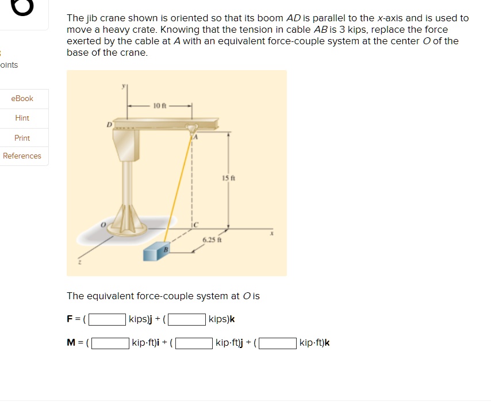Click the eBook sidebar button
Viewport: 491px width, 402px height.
click(22, 99)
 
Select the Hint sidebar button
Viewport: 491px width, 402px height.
click(22, 118)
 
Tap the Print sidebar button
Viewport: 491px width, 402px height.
click(22, 138)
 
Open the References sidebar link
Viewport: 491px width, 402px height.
click(22, 156)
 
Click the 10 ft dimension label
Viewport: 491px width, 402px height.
click(159, 106)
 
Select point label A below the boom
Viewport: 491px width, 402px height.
click(194, 138)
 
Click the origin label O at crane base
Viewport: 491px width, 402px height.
click(104, 226)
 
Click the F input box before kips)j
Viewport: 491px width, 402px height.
click(108, 319)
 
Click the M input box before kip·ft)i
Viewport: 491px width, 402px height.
click(110, 343)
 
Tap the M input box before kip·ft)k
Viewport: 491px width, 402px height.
click(278, 343)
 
